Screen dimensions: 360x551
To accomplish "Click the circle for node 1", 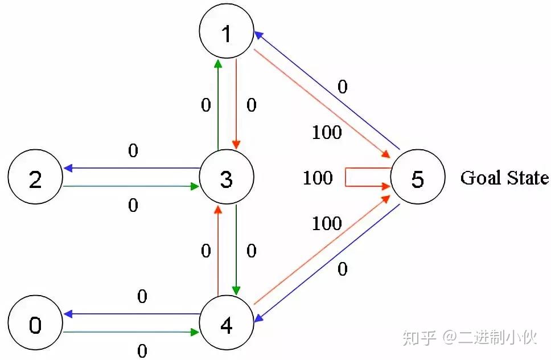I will click(227, 34).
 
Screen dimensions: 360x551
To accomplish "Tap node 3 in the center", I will click(227, 179).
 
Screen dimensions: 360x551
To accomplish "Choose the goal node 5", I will click(417, 179).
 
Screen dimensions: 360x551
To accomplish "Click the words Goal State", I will click(504, 178).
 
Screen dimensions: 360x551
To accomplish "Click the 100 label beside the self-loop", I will click(318, 178).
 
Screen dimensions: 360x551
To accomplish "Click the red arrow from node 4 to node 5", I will click(322, 251).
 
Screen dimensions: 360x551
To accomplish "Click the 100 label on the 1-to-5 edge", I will click(327, 132).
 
